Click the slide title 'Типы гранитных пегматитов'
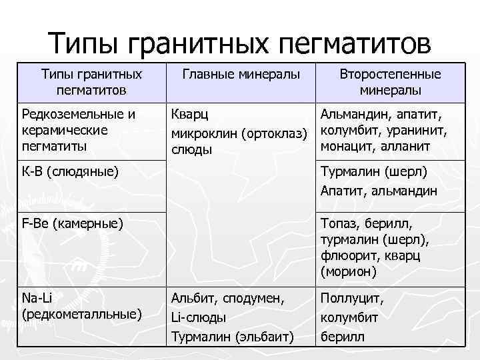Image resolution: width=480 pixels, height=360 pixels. click(240, 45)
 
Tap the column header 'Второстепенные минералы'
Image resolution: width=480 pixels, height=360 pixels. click(390, 82)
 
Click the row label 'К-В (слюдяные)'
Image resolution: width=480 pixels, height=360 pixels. click(70, 172)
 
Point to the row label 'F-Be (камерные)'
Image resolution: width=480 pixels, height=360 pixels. click(73, 221)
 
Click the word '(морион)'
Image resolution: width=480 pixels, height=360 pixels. click(348, 271)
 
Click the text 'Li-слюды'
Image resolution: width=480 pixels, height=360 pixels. click(199, 318)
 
